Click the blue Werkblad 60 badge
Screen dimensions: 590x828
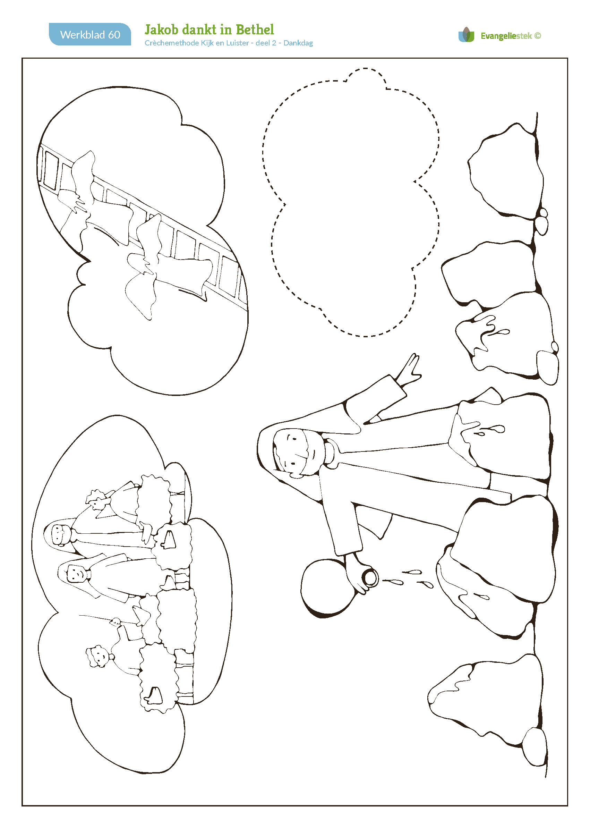90,34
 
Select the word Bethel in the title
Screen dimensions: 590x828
255,29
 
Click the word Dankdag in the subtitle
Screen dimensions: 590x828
298,43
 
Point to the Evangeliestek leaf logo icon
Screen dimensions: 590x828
466,35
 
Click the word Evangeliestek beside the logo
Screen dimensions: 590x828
506,36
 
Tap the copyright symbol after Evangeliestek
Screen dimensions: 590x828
538,36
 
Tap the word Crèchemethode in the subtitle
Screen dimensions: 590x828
171,43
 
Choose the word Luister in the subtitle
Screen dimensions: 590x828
237,43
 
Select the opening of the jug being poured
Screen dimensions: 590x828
370,578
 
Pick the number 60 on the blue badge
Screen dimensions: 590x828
114,35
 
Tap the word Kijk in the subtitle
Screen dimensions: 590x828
207,43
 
